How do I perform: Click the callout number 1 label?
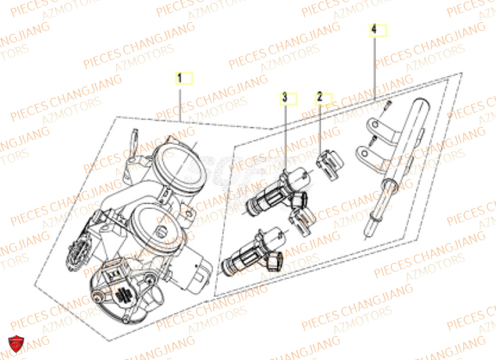click(181, 78)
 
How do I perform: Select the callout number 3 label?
click(285, 98)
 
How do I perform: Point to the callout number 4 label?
click(374, 30)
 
